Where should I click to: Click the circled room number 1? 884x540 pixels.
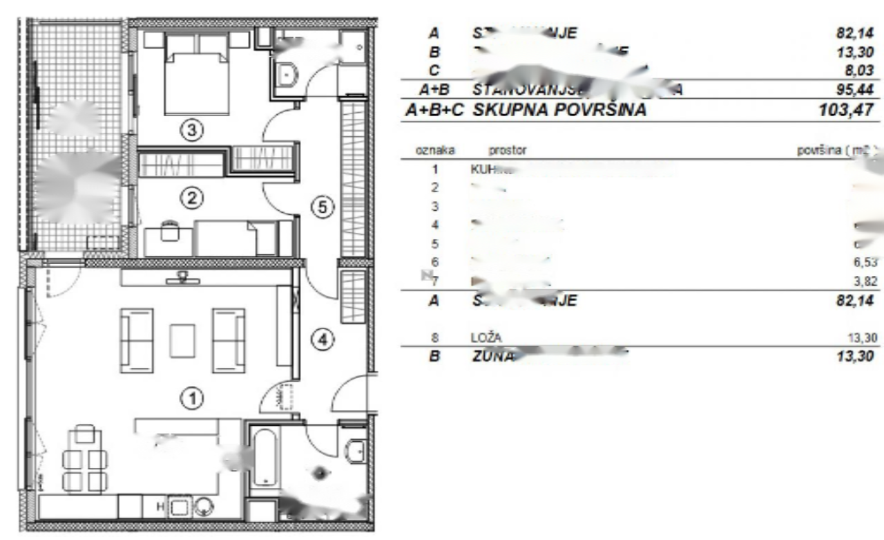tap(193, 398)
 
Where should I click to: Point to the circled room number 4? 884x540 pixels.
tap(325, 339)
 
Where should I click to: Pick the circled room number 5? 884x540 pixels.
tap(325, 206)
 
